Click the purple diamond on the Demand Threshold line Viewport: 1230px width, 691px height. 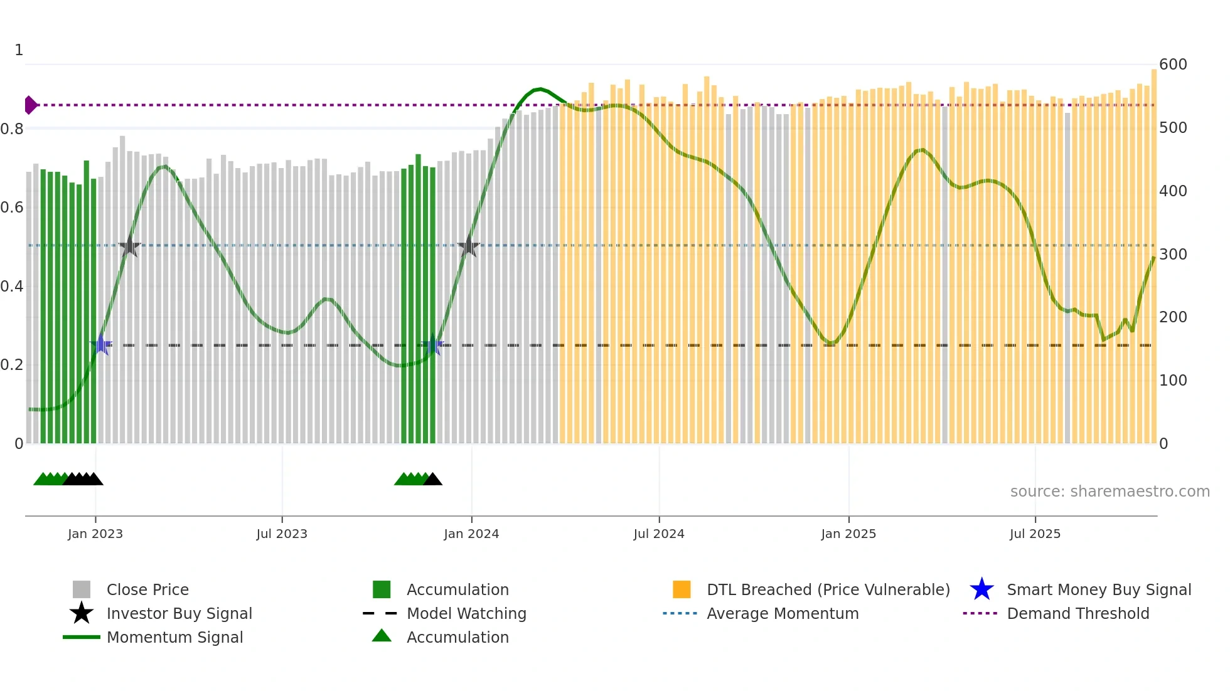point(30,105)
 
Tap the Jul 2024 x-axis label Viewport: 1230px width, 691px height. point(658,534)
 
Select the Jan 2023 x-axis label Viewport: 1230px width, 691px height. point(95,534)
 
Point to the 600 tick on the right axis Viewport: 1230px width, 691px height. point(1172,65)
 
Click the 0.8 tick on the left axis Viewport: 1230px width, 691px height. point(13,129)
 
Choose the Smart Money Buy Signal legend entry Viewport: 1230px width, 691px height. point(1098,589)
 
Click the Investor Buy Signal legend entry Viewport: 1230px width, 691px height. point(179,613)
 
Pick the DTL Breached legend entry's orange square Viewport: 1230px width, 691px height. point(682,589)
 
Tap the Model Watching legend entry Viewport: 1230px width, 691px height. point(466,613)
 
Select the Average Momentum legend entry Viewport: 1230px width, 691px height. point(782,613)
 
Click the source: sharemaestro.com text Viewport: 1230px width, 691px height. point(1110,491)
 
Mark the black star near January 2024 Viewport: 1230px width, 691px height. point(468,246)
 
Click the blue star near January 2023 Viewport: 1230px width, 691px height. point(101,345)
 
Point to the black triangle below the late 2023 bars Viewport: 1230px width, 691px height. point(432,480)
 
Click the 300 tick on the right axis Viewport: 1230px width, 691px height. point(1172,254)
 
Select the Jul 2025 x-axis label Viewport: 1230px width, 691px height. point(1034,534)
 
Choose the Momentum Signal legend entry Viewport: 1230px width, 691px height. point(174,637)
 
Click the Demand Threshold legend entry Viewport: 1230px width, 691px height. point(1078,613)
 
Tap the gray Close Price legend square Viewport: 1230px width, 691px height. point(82,589)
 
